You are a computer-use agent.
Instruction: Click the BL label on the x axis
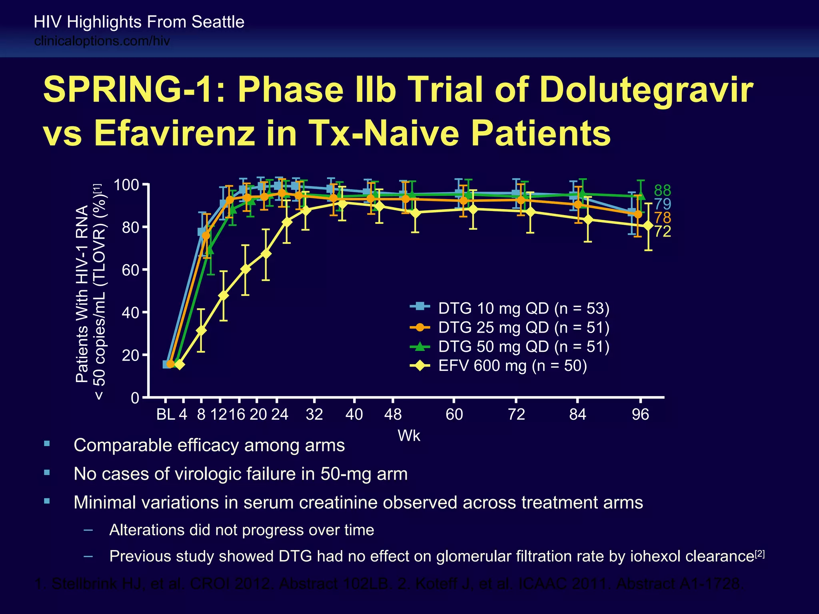(165, 415)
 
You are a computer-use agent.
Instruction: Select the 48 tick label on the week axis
(393, 415)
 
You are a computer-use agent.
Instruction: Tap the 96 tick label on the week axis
(640, 415)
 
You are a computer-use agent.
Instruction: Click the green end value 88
(662, 191)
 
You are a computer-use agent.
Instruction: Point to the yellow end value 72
(662, 231)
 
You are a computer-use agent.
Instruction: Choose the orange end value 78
(662, 218)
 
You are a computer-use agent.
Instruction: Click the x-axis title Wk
(409, 436)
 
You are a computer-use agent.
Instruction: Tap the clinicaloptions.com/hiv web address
(102, 41)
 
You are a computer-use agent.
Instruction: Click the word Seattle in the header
(218, 22)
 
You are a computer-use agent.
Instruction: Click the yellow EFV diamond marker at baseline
(180, 365)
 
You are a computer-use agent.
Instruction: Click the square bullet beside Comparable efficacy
(47, 443)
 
